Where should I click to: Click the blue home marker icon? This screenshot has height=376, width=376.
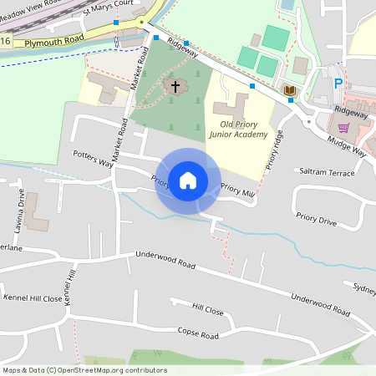pos(188,180)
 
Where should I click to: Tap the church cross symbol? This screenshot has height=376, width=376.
pos(175,85)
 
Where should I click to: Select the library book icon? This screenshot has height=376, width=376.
pos(289,89)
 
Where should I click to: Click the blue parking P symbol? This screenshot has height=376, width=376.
pos(338,84)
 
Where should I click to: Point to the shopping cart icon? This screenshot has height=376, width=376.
pos(343,128)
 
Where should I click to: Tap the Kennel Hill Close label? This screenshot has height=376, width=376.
pos(33,297)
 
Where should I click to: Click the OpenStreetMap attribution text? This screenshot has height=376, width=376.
pos(84,370)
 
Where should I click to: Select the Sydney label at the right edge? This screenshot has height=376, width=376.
pos(364,288)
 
